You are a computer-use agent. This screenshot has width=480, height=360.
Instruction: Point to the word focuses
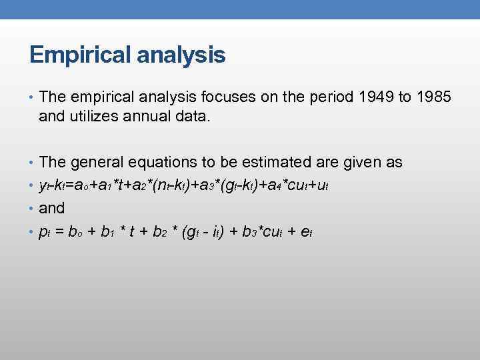pyautogui.click(x=221, y=98)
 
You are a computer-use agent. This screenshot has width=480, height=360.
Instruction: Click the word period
pyautogui.click(x=331, y=99)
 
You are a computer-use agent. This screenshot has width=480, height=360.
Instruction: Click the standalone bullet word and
pyautogui.click(x=52, y=208)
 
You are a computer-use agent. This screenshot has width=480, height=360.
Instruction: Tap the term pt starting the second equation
pyautogui.click(x=45, y=232)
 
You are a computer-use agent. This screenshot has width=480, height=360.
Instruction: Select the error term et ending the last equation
pyautogui.click(x=307, y=232)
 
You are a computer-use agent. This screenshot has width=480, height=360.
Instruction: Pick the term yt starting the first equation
pyautogui.click(x=44, y=186)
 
